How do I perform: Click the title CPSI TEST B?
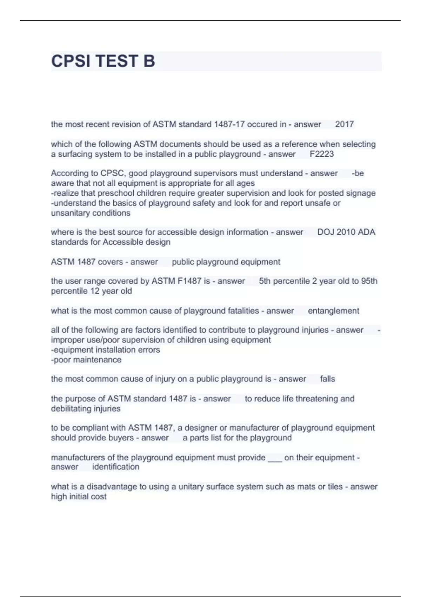click(x=103, y=61)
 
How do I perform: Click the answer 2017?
click(x=344, y=124)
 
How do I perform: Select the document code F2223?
click(x=322, y=154)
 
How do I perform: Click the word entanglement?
click(x=333, y=311)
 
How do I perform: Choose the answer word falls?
click(x=327, y=379)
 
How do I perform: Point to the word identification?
click(x=115, y=467)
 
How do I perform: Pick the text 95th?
click(x=369, y=281)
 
